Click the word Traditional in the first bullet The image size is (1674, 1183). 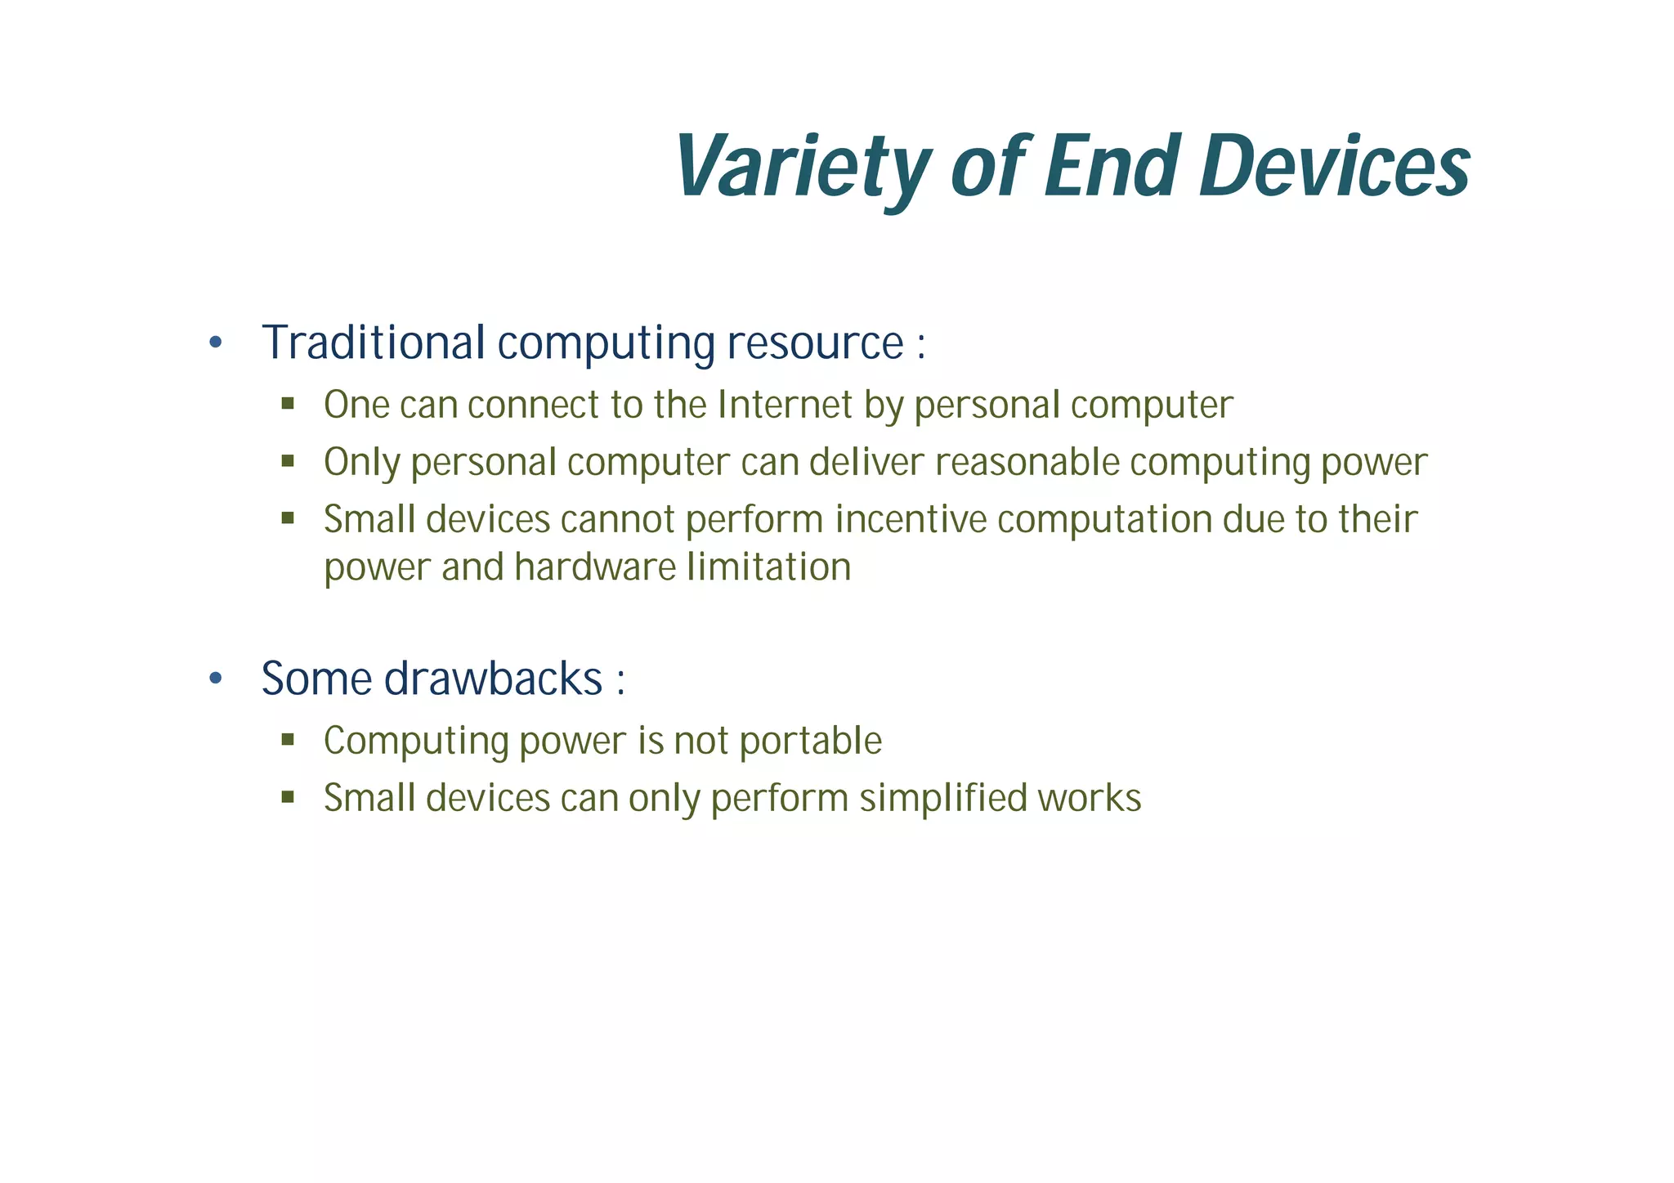pyautogui.click(x=374, y=343)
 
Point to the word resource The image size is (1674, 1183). pyautogui.click(x=814, y=344)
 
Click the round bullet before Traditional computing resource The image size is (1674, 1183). pyautogui.click(x=216, y=343)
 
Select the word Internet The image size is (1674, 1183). pyautogui.click(x=785, y=405)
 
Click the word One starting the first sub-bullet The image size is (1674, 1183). pyautogui.click(x=356, y=405)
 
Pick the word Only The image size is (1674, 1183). pyautogui.click(x=361, y=463)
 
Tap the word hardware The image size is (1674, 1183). pyautogui.click(x=595, y=567)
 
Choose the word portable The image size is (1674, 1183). pyautogui.click(x=810, y=742)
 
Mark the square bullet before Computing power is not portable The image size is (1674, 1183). pyautogui.click(x=288, y=740)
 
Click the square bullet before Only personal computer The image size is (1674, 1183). pyautogui.click(x=288, y=461)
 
